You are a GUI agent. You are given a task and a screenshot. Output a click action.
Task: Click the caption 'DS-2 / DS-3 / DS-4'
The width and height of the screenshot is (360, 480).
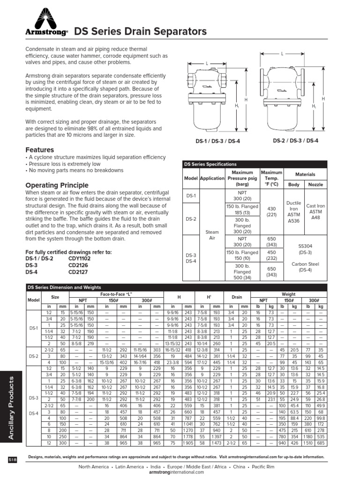296,140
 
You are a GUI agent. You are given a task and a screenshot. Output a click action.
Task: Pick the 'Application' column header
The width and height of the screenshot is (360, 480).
212,179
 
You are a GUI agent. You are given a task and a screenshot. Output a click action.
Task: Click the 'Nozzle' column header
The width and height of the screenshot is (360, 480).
315,185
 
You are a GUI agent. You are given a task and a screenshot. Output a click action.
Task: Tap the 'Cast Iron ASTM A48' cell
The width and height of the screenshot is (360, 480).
315,211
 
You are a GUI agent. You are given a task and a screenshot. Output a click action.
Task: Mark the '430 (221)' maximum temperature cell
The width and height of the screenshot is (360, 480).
271,211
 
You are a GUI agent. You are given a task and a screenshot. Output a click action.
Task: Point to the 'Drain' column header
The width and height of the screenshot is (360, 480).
237,297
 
